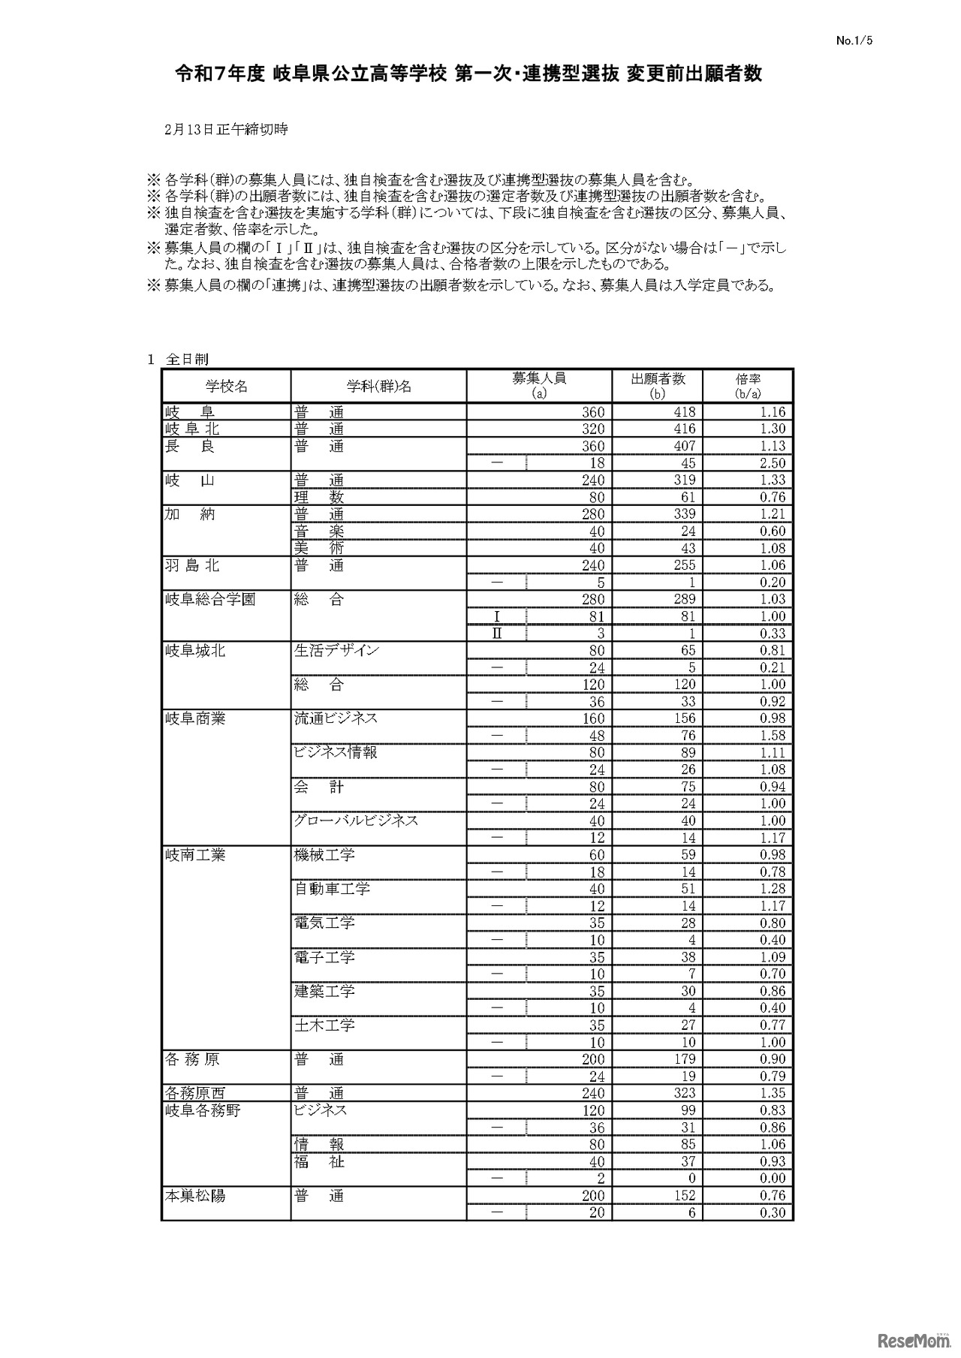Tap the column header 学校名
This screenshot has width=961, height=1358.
point(227,387)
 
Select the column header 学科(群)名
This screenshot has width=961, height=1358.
point(378,387)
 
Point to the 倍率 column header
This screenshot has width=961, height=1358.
point(748,386)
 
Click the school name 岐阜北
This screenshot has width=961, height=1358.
point(193,429)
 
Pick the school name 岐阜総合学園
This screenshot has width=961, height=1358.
point(210,599)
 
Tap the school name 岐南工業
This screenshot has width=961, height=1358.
point(195,855)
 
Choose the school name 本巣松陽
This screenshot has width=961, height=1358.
point(195,1196)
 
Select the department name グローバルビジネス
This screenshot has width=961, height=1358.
point(356,821)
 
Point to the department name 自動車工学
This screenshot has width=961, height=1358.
point(332,889)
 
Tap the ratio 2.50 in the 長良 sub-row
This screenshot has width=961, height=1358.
point(772,463)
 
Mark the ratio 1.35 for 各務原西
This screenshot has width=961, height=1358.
point(772,1093)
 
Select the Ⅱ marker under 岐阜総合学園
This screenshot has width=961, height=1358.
point(496,634)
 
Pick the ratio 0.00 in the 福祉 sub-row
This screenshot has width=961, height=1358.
point(772,1179)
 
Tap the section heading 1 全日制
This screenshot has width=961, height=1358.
point(177,360)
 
